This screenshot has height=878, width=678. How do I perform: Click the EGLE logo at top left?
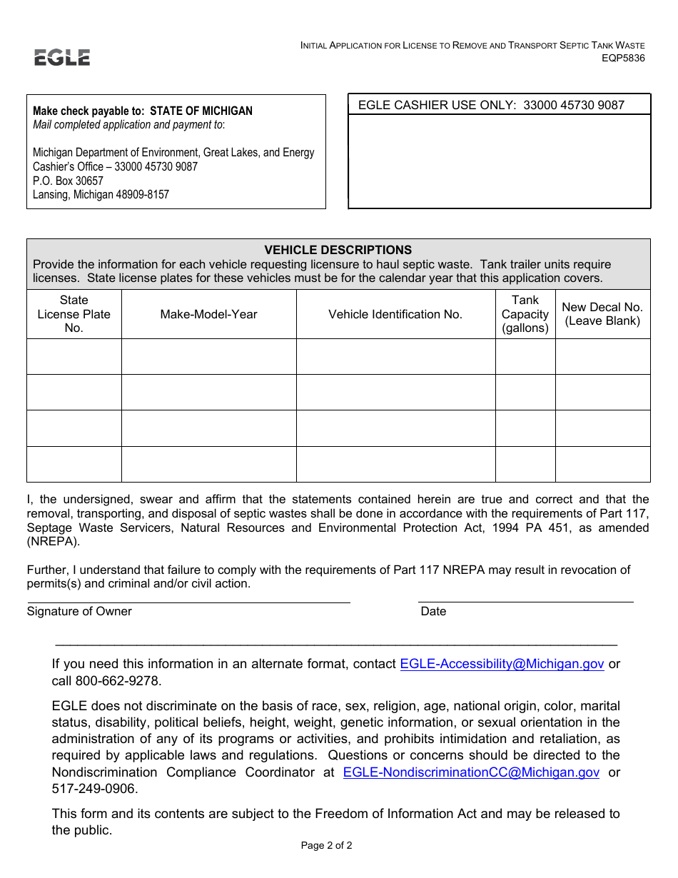click(x=62, y=58)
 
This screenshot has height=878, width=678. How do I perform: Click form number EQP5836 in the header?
click(x=623, y=59)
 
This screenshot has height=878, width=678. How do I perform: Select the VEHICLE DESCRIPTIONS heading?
click(x=338, y=250)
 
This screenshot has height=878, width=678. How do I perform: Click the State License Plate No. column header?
click(x=74, y=314)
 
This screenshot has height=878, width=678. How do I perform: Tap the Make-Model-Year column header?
click(x=208, y=314)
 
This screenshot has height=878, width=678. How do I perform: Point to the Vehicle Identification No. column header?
click(x=395, y=314)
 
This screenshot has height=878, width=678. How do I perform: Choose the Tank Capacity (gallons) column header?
click(x=525, y=314)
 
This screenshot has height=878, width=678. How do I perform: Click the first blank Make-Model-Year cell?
click(x=208, y=356)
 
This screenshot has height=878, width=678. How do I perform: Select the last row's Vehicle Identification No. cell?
click(x=395, y=464)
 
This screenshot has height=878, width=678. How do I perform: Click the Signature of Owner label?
click(x=79, y=611)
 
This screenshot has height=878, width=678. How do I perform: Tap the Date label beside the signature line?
click(x=433, y=611)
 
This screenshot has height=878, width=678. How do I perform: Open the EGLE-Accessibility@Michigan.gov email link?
click(x=502, y=664)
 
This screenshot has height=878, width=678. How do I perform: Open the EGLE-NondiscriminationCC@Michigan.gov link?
click(x=471, y=772)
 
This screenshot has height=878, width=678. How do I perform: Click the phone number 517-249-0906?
click(x=93, y=789)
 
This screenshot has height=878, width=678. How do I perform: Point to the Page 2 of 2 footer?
click(x=326, y=846)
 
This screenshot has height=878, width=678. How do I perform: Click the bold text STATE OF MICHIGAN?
click(x=201, y=111)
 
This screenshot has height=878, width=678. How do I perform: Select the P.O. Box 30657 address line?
click(x=68, y=181)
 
